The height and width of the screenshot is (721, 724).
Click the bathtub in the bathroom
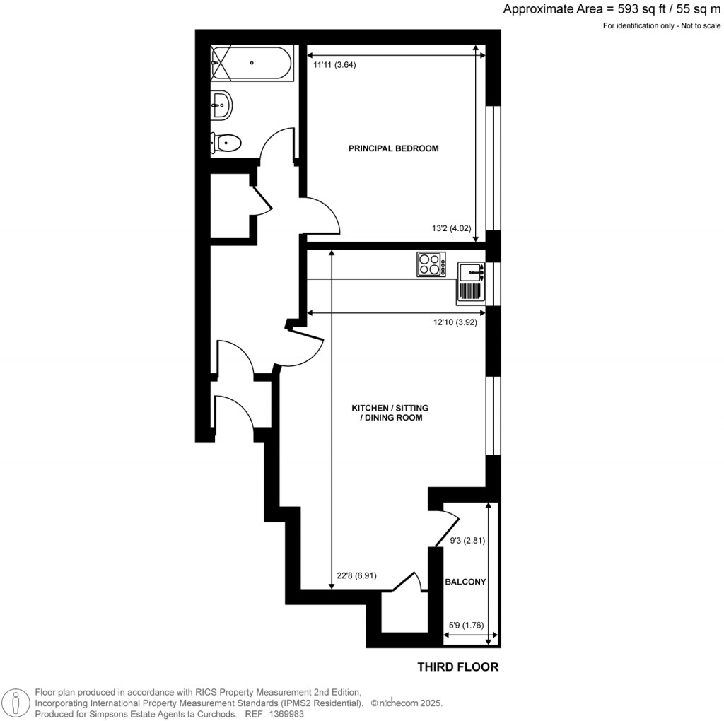tap(251, 64)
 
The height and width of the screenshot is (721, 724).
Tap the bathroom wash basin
tap(221, 106)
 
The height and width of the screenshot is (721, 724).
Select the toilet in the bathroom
tap(226, 143)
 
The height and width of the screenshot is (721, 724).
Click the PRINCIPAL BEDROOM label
tap(393, 148)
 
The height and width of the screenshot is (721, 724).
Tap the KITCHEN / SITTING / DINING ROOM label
tap(390, 414)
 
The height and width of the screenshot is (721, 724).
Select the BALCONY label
tap(465, 582)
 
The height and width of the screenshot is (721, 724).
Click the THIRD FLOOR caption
tap(457, 667)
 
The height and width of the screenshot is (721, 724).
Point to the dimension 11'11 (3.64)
tap(334, 65)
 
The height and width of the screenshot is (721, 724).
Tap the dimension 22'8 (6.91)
tap(356, 575)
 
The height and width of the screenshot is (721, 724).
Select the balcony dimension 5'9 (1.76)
tap(465, 625)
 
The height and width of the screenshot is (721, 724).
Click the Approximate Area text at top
tap(612, 9)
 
